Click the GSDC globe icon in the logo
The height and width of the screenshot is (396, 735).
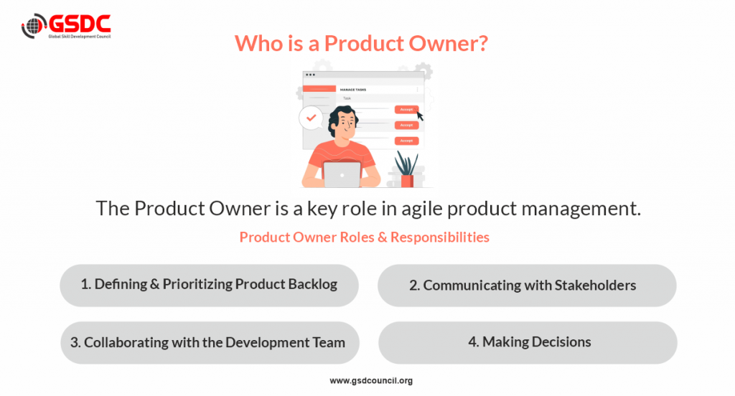33,26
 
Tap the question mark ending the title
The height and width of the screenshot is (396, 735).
482,43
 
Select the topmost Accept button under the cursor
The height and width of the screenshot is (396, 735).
406,109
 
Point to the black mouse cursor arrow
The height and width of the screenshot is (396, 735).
419,115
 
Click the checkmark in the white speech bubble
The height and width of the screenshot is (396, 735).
312,118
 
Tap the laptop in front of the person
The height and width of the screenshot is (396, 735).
342,174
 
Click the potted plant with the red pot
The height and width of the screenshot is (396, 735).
406,169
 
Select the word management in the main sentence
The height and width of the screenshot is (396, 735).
581,209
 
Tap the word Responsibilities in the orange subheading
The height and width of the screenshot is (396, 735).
440,237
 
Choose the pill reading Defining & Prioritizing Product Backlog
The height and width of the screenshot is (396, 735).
209,285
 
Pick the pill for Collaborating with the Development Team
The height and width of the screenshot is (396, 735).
210,343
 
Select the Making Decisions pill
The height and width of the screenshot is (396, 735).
528,343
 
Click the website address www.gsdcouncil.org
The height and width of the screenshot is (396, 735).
371,380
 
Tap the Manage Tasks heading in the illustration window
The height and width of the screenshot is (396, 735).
353,90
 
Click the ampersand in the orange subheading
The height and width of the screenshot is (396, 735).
383,237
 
